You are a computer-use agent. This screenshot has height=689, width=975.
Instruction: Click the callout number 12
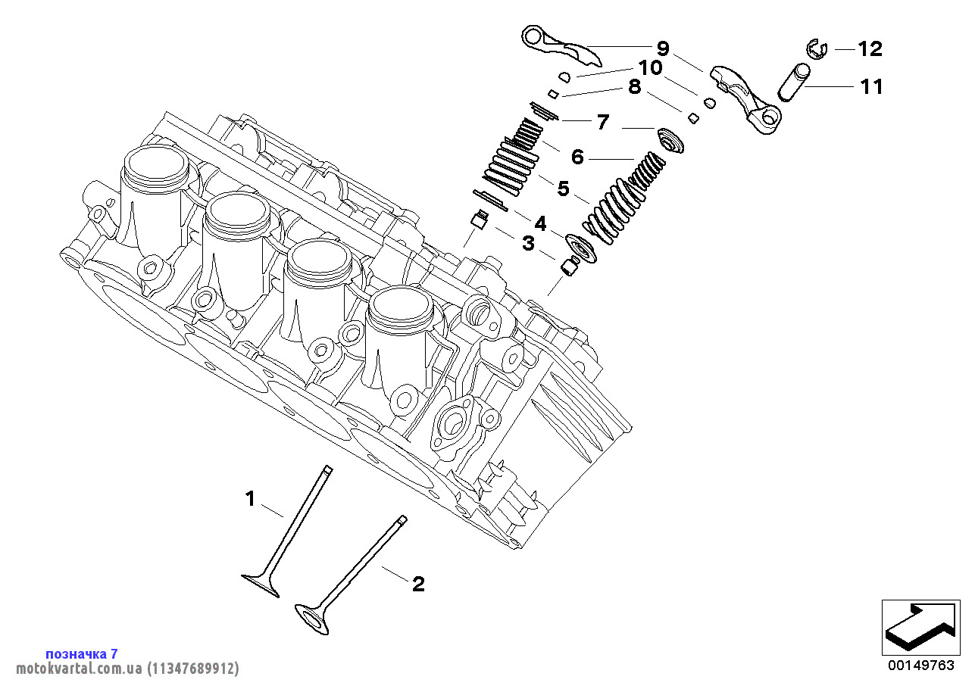tap(870, 49)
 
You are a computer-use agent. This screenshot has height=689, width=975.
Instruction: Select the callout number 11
tap(871, 87)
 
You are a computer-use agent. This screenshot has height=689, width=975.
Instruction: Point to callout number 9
tap(663, 49)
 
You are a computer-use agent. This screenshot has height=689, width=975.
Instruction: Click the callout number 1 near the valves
tap(250, 498)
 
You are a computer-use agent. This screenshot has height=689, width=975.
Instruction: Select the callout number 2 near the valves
tap(418, 584)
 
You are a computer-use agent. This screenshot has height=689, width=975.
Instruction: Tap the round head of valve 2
tap(312, 617)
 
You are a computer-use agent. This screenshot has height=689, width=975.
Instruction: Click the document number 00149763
tap(921, 666)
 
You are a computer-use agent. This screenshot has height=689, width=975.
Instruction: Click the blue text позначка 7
tap(82, 653)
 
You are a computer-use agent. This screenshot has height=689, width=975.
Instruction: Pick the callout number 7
tap(603, 122)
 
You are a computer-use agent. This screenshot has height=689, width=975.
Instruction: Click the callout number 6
tap(577, 157)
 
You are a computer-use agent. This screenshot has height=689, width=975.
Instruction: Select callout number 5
tap(563, 188)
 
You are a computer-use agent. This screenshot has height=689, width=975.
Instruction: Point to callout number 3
tap(527, 244)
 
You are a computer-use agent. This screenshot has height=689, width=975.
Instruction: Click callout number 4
tap(539, 223)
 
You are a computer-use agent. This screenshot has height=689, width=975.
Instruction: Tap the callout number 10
tap(650, 68)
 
